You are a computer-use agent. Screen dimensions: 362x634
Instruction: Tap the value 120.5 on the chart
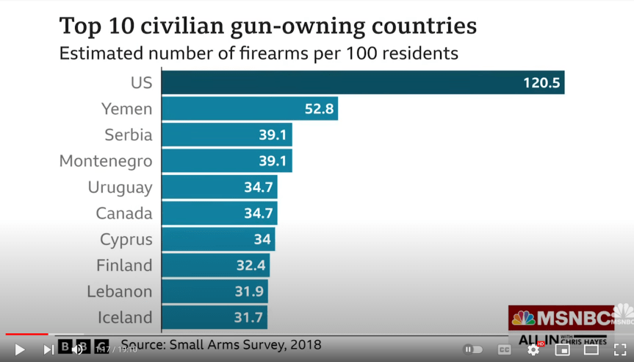coord(541,83)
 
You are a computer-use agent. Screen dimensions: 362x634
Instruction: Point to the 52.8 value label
coord(319,110)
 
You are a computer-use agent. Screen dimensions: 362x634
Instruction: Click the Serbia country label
coord(128,135)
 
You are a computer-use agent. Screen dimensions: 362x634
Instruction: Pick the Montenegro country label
coord(106,161)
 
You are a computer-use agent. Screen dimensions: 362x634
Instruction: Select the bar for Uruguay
coord(219,187)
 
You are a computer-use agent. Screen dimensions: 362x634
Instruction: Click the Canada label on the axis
coord(123,213)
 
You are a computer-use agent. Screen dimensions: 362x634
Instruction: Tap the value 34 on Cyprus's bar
coord(262,240)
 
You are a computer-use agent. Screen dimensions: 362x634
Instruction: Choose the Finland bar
coord(215,266)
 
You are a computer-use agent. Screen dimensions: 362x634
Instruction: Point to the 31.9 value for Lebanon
coord(249,292)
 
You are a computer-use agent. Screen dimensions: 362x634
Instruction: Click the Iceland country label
coord(125,318)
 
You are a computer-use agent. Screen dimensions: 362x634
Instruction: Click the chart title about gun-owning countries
coord(267,26)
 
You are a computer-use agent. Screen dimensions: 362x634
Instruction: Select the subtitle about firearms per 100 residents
coord(259,54)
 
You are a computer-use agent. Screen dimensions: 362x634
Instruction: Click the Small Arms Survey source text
coord(220,344)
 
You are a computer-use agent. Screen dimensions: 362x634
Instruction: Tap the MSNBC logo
coord(561,318)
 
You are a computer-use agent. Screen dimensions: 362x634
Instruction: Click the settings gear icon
coord(533,349)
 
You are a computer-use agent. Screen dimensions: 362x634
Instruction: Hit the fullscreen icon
coord(620,349)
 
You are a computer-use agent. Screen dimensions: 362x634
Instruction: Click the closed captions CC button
coord(504,349)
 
